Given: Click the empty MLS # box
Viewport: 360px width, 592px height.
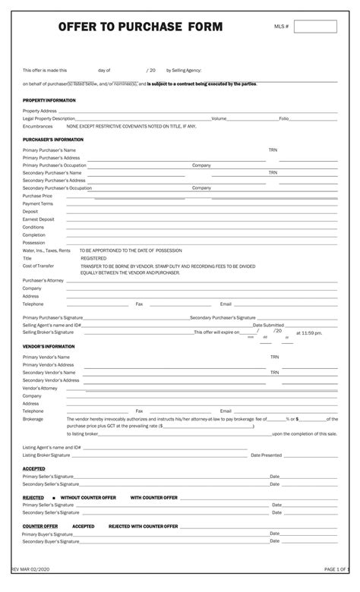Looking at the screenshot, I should (x=314, y=27).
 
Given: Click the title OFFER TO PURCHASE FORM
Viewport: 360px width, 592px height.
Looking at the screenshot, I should (x=141, y=27).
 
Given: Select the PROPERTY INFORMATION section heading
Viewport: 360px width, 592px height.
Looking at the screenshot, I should (x=49, y=100).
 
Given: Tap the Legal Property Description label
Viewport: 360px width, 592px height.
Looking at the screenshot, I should (x=49, y=118).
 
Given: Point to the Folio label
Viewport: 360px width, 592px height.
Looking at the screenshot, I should (x=284, y=118).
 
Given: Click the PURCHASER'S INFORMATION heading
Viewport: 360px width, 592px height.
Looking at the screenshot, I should (x=53, y=140).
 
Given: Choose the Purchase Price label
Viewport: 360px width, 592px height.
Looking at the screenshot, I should (x=37, y=196).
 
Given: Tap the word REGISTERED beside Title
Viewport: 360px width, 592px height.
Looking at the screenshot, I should (x=93, y=258).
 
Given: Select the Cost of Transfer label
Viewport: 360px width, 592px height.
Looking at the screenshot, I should (x=39, y=266).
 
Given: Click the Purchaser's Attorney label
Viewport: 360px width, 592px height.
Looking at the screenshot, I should (x=43, y=281).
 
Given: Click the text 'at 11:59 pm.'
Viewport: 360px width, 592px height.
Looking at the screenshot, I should (x=309, y=332).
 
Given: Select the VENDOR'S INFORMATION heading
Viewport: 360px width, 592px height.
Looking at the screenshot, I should (x=49, y=346).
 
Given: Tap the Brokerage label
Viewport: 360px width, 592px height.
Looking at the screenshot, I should (x=33, y=418).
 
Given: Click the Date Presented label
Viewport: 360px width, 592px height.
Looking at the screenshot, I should (x=266, y=455).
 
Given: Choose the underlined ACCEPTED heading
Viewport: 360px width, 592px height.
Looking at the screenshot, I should (x=34, y=469).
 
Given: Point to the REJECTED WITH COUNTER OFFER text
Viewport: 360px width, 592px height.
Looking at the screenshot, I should (x=143, y=526).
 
